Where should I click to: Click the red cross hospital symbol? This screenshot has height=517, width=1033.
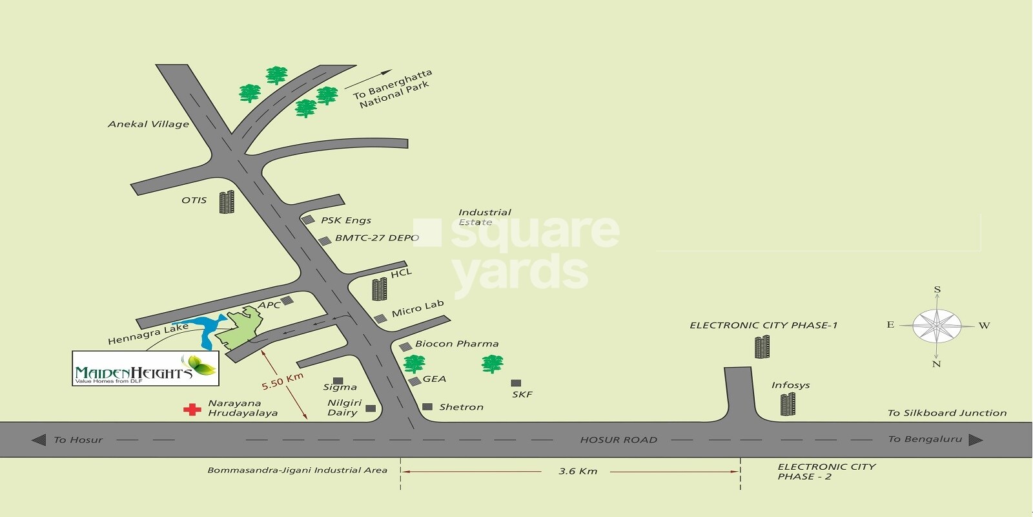coord(192,409)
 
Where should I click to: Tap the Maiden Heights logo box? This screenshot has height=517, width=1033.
coord(145,368)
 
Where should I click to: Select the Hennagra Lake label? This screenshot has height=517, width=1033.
coord(148,333)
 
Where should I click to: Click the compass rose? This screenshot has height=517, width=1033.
coord(937,326)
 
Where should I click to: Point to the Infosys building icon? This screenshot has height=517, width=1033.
coord(788,404)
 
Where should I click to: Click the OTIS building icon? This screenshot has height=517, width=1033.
coord(226,202)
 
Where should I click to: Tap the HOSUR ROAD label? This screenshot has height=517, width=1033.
coord(618,440)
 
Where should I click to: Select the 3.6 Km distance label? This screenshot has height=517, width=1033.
coord(578,471)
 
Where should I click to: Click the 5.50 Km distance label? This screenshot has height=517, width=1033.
coord(282,381)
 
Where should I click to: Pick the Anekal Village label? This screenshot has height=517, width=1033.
coord(148,124)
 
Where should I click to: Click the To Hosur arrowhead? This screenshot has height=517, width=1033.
coord(39,440)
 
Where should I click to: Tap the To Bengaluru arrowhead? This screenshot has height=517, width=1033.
coord(976,440)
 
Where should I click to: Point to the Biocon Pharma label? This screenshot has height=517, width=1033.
coord(456,344)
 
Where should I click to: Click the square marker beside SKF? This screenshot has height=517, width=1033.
coord(516,383)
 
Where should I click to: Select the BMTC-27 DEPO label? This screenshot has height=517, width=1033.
coord(377,238)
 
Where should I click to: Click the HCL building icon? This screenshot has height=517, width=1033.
coord(380,289)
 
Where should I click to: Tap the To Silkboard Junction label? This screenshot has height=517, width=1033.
coord(946,413)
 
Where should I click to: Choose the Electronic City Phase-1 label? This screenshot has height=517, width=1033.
coord(763,325)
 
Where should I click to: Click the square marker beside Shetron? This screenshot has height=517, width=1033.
coord(427,407)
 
